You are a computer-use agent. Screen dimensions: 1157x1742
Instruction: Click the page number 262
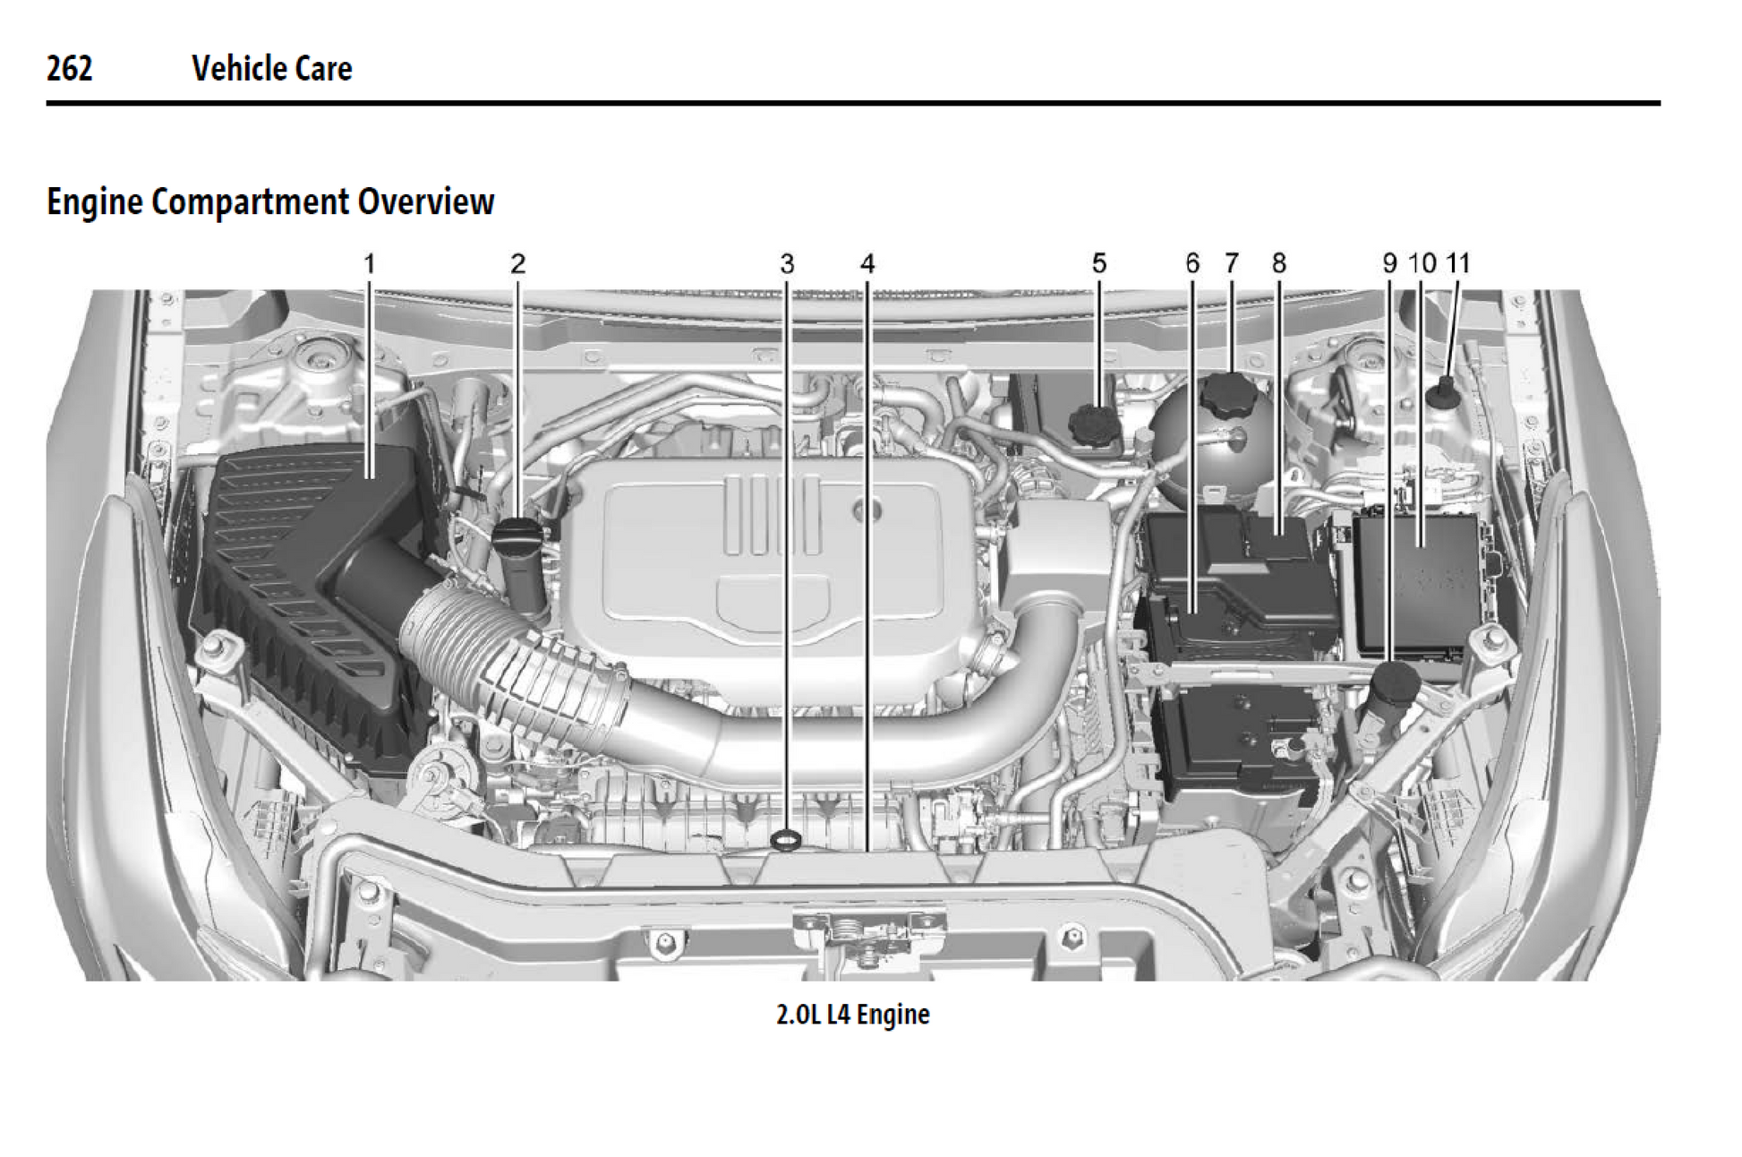click(x=69, y=68)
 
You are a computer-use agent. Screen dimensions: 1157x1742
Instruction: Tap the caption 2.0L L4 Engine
click(x=852, y=1015)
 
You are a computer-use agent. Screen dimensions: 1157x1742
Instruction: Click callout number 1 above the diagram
click(x=369, y=264)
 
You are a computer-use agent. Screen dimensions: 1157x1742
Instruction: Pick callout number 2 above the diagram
click(x=517, y=264)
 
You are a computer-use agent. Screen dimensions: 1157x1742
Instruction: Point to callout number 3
click(x=787, y=264)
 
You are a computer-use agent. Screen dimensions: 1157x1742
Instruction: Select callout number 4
click(x=867, y=264)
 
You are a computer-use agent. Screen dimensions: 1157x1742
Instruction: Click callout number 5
click(x=1099, y=263)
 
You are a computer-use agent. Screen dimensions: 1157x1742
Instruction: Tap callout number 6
click(x=1192, y=263)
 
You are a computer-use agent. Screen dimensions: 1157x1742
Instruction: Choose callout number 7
click(x=1232, y=263)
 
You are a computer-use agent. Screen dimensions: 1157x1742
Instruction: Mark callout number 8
click(x=1279, y=263)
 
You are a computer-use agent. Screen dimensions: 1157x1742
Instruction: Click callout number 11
click(x=1458, y=263)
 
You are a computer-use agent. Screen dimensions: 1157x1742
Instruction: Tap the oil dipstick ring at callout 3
click(x=786, y=839)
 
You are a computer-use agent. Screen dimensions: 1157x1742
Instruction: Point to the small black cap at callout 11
click(x=1444, y=392)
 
